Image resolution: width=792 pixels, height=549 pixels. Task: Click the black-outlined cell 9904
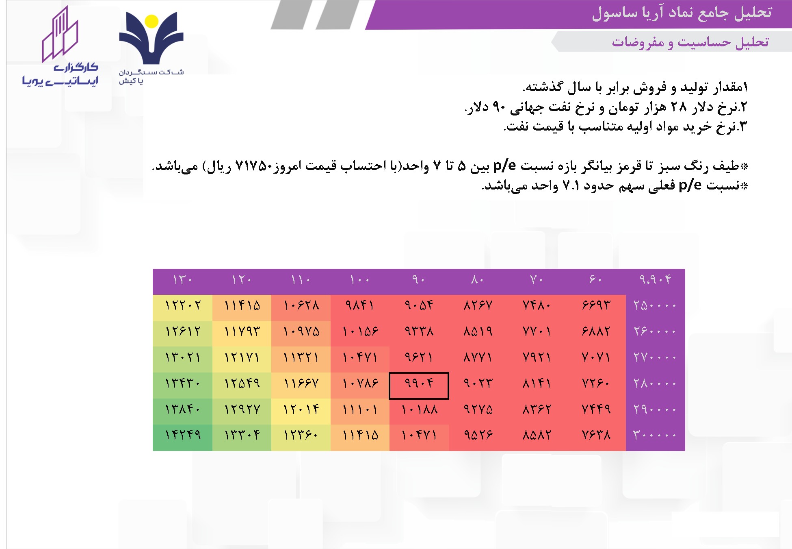[419, 386]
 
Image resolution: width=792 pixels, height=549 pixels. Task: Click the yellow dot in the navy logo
[151, 21]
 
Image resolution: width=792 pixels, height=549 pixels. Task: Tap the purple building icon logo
[60, 35]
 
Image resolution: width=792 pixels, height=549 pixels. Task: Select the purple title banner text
[682, 13]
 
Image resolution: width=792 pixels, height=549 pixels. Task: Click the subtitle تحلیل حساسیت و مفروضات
[690, 42]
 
